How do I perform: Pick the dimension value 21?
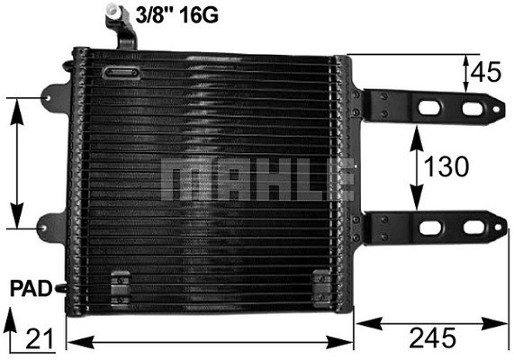click(x=34, y=339)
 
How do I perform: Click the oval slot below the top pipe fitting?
click(x=120, y=73)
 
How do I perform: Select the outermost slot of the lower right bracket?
click(x=473, y=228)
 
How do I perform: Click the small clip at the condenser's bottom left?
click(x=114, y=290)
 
